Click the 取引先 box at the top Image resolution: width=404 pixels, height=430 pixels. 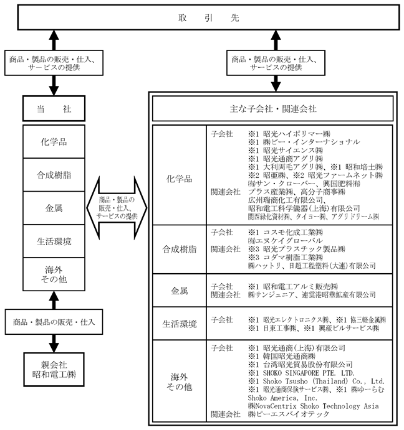(x=208, y=17)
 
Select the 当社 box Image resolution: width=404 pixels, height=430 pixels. (x=54, y=108)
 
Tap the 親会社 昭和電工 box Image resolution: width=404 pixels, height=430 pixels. (x=54, y=370)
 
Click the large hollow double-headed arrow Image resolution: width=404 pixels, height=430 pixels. (x=117, y=208)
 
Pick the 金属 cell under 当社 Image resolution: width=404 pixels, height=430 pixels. (x=54, y=208)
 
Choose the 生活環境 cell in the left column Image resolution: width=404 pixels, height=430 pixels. (x=54, y=241)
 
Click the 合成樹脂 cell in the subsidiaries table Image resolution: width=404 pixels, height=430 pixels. (x=180, y=249)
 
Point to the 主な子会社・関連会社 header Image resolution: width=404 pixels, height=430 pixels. (x=273, y=109)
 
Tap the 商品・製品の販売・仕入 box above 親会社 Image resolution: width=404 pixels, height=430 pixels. (x=54, y=322)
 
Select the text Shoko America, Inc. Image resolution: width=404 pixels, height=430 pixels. (x=282, y=398)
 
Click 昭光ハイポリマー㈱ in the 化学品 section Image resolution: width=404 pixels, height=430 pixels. (x=297, y=134)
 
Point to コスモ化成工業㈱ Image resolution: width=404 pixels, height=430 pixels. (x=293, y=232)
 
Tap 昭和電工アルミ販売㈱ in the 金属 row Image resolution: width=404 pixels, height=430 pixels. (x=301, y=287)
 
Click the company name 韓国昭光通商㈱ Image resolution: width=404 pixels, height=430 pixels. (x=289, y=356)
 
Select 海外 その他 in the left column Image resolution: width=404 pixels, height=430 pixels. (x=54, y=274)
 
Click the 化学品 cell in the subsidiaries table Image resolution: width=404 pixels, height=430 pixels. (x=180, y=179)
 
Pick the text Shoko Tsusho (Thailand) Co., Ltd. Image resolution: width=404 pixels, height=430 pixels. (x=324, y=381)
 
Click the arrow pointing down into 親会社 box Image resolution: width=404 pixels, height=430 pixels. (x=54, y=344)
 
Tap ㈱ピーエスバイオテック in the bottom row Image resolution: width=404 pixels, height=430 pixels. (x=288, y=414)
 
